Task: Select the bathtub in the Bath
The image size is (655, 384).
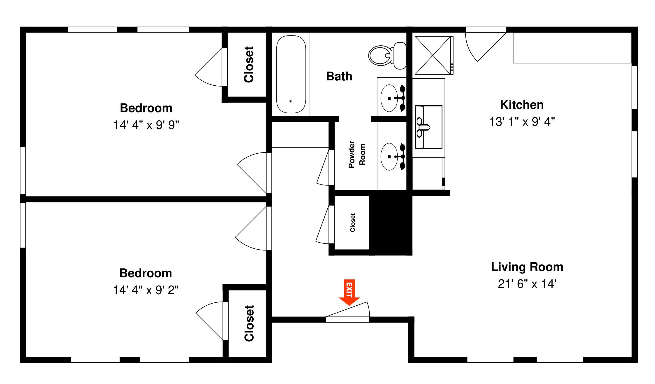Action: tap(291, 74)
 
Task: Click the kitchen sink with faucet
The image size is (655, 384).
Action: tap(428, 127)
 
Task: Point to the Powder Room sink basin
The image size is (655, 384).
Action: tap(389, 157)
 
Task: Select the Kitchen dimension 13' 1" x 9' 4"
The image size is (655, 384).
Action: tap(522, 122)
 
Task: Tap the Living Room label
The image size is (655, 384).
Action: tap(527, 267)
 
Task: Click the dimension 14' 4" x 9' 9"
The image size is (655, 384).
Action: tap(146, 125)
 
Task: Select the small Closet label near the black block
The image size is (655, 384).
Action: tap(352, 222)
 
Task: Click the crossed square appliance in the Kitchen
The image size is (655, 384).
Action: tap(433, 55)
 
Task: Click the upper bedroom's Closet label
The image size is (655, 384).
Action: tap(248, 65)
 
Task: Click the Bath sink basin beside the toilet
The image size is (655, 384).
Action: tap(389, 98)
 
